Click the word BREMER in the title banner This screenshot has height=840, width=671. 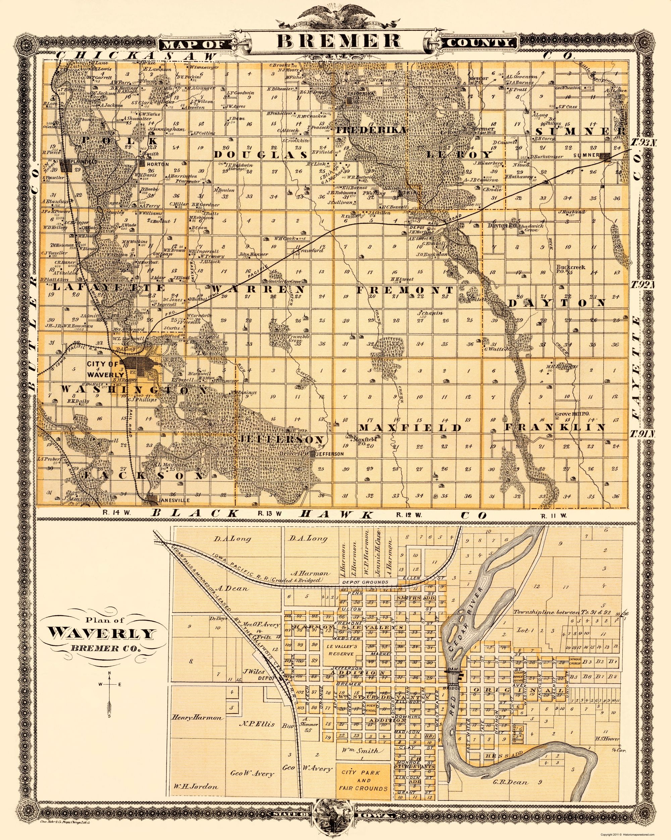tap(335, 41)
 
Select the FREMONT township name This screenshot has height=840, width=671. tap(405, 290)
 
